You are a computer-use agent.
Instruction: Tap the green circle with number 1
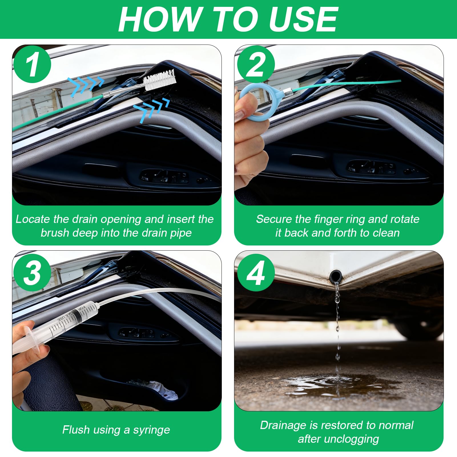[32, 65]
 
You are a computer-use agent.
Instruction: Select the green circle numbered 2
[256, 65]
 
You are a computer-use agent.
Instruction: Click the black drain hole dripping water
[336, 276]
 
